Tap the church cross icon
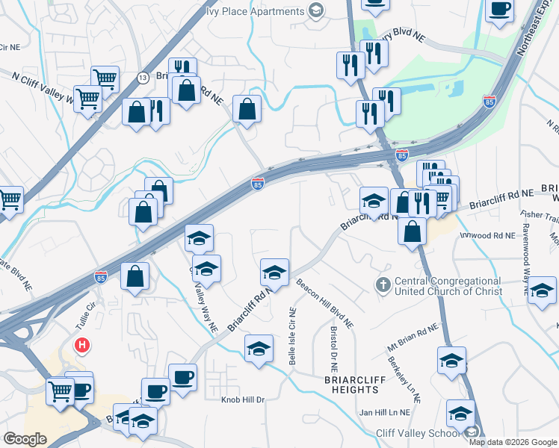pyautogui.click(x=383, y=284)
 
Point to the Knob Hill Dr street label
pyautogui.click(x=243, y=400)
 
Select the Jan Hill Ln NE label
pyautogui.click(x=385, y=412)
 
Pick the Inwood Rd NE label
pyautogui.click(x=487, y=235)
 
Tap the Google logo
pyautogui.click(x=25, y=439)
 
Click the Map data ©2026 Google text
pyautogui.click(x=512, y=442)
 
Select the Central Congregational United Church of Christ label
pyautogui.click(x=448, y=286)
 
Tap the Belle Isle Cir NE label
pyautogui.click(x=292, y=336)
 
